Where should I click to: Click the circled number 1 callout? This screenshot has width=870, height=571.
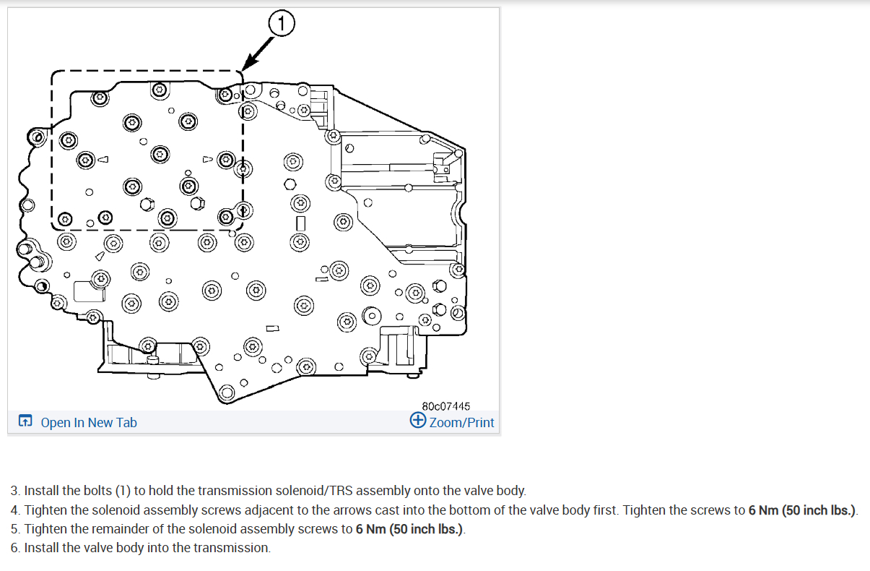[x=282, y=25]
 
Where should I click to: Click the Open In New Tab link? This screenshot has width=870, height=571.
[x=88, y=422]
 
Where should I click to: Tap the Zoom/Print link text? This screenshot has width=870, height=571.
[x=461, y=422]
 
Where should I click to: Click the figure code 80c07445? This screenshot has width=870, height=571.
[x=445, y=407]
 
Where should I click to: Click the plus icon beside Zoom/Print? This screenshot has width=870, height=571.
[x=417, y=421]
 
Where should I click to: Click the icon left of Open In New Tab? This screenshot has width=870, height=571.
[x=25, y=421]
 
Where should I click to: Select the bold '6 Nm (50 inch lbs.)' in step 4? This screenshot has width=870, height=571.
[x=801, y=510]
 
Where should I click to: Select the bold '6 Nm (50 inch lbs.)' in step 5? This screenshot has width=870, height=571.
[x=409, y=529]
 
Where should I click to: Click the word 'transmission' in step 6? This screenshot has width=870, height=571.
[x=236, y=548]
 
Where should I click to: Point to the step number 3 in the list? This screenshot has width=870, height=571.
[x=14, y=491]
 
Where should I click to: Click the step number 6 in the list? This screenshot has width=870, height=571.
[x=14, y=548]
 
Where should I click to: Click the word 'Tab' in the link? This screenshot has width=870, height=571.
[x=126, y=422]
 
